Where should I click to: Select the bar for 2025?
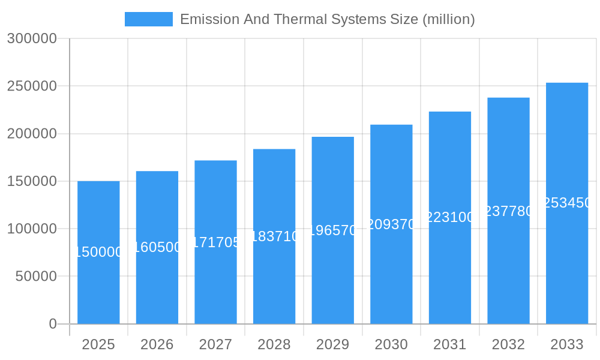point(98,282)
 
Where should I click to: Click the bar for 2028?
point(274,276)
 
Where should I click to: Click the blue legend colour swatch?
point(148,19)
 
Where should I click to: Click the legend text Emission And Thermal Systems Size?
point(327,19)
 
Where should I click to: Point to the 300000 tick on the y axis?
point(32,39)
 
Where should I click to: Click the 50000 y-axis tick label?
point(36,277)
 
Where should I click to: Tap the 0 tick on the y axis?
point(52,324)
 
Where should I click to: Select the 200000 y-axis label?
point(32,134)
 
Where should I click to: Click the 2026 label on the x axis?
point(157,344)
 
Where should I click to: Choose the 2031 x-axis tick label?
point(450,344)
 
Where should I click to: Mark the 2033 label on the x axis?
point(567,344)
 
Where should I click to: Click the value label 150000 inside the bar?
point(98,252)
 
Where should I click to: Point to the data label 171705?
point(215,242)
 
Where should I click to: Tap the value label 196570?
point(333,230)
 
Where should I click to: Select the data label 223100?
point(450,217)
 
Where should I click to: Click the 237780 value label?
point(508,211)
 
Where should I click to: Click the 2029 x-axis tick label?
point(333,344)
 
